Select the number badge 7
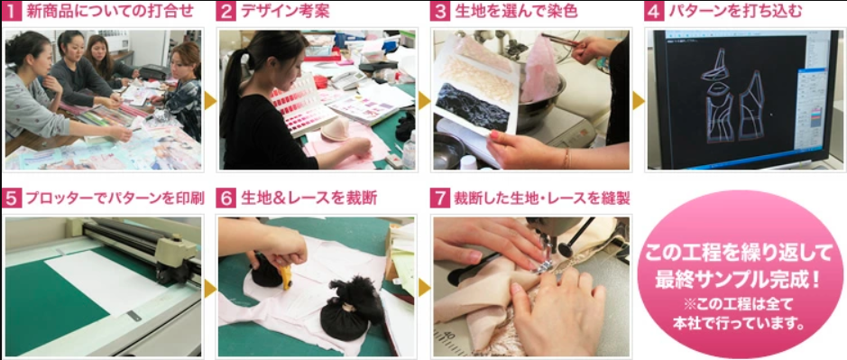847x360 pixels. click(439, 198)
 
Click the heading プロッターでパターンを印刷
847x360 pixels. click(114, 198)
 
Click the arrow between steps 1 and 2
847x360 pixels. click(210, 100)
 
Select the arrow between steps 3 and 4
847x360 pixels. click(638, 100)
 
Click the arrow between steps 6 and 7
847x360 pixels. click(425, 288)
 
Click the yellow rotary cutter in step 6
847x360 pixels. click(285, 276)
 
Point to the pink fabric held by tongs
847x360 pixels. click(540, 70)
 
